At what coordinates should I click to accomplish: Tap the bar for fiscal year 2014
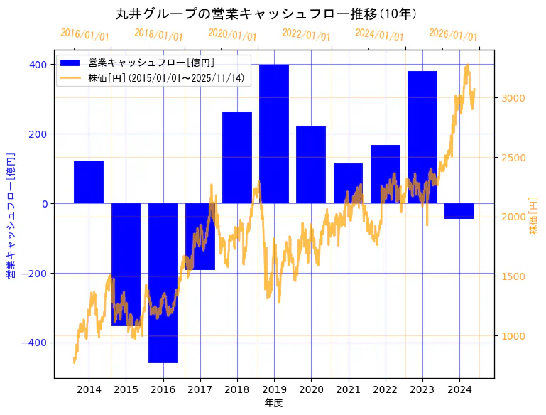tap(89, 182)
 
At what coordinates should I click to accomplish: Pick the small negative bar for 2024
tap(459, 211)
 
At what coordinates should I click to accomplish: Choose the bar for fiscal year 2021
tap(348, 183)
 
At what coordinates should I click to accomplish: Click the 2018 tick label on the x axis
tap(237, 389)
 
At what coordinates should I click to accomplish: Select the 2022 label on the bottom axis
tap(385, 389)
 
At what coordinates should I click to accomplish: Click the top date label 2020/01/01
tap(232, 34)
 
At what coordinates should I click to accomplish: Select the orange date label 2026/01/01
tap(453, 34)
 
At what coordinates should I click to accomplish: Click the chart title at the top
tap(266, 14)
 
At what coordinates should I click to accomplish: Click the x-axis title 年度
tap(273, 403)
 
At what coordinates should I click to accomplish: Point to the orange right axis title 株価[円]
tap(533, 216)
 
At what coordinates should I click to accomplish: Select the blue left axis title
tap(11, 216)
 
